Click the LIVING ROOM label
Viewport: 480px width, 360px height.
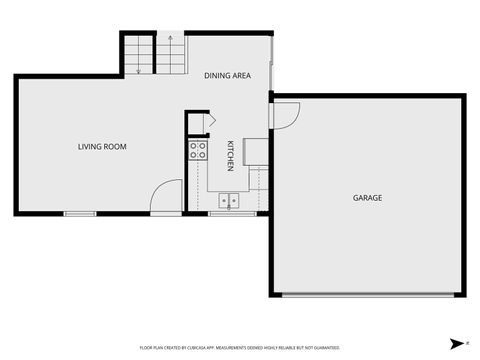point(102,147)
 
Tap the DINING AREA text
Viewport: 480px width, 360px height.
point(227,76)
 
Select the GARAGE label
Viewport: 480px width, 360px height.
point(367,198)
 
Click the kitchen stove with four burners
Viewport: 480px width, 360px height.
point(198,151)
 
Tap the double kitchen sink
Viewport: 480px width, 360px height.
point(229,200)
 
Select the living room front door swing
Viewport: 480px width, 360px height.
point(166,196)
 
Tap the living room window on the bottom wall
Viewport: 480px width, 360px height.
point(80,213)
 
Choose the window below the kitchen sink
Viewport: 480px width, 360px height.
point(230,213)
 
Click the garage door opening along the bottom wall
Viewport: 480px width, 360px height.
point(367,294)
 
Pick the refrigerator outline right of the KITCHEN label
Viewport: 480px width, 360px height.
point(254,151)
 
